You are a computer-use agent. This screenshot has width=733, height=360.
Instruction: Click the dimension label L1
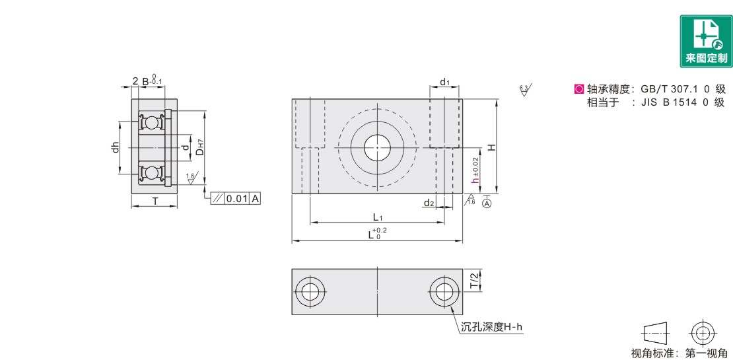378,217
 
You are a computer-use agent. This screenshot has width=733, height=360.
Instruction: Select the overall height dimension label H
491,147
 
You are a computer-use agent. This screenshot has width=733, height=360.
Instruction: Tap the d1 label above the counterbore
444,83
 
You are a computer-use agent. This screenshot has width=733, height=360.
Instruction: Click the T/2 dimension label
475,280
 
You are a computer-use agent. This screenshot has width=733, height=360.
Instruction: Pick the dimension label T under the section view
155,201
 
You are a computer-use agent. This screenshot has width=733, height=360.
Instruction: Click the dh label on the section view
114,147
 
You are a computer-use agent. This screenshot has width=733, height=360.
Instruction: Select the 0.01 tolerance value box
236,199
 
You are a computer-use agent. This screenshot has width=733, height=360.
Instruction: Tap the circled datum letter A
487,204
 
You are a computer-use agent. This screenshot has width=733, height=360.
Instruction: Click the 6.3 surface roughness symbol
526,90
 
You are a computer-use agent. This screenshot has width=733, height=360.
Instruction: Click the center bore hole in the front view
377,147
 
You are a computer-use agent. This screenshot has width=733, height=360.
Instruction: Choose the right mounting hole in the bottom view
442,292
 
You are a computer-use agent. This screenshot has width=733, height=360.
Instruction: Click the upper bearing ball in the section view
151,122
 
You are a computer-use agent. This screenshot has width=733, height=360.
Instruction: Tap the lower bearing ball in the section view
151,173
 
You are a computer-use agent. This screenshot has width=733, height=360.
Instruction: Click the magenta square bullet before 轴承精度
578,89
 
